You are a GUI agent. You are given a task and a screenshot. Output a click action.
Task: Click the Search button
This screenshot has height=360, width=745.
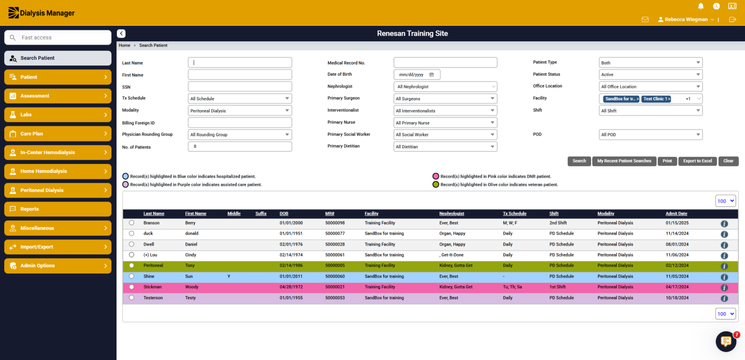tap(579, 161)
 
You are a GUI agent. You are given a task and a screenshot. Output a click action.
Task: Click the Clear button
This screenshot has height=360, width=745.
tap(728, 161)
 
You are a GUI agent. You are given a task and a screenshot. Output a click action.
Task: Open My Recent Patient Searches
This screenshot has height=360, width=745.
tap(624, 161)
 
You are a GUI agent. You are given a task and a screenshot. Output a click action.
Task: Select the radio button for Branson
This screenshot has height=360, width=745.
tap(132, 223)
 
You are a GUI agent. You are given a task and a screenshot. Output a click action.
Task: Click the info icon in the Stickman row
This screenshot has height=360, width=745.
tap(724, 287)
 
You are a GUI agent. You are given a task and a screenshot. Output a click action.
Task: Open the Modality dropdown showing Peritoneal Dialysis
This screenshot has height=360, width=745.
tap(240, 111)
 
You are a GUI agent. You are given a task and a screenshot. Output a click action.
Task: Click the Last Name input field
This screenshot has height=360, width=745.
tap(240, 62)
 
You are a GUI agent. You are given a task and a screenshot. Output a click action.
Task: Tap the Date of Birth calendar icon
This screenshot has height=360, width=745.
tap(431, 75)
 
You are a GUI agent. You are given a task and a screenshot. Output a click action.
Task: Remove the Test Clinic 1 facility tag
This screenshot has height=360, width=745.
tap(669, 99)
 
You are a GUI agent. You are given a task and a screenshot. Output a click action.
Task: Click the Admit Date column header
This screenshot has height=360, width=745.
tap(676, 213)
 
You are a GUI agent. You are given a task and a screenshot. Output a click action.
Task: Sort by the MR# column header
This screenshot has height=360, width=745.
tap(330, 213)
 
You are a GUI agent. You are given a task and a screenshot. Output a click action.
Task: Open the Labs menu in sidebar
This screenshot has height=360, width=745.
tap(58, 115)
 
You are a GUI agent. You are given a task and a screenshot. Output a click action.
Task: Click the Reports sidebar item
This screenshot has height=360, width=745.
tap(58, 209)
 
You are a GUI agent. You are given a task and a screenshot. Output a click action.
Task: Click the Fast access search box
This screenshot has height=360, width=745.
tap(58, 38)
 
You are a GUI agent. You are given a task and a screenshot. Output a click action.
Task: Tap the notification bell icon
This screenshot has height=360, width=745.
tap(701, 6)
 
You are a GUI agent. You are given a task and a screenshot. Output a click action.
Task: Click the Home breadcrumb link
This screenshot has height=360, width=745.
tap(124, 45)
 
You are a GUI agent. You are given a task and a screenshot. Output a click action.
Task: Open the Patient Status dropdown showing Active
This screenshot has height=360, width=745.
tap(650, 75)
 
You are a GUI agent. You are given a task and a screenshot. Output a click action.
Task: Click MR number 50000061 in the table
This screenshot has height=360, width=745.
tap(335, 255)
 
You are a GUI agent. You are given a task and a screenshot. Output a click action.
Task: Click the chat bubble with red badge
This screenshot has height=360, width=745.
tap(726, 341)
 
